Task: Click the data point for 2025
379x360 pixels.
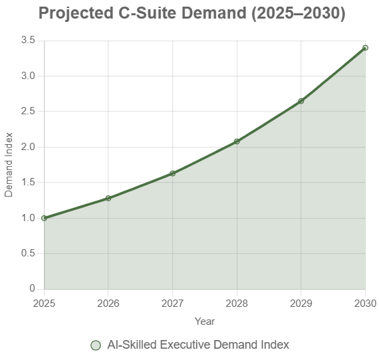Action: pyautogui.click(x=45, y=218)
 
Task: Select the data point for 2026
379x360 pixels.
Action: pyautogui.click(x=108, y=198)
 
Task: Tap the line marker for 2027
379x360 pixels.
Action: pyautogui.click(x=173, y=173)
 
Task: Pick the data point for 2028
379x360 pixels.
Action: pyautogui.click(x=237, y=141)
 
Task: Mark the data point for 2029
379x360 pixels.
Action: pyautogui.click(x=301, y=101)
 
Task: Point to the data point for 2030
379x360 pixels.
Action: pyautogui.click(x=365, y=48)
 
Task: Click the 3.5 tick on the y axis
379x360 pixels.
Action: pyautogui.click(x=28, y=41)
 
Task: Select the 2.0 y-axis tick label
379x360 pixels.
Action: pyautogui.click(x=28, y=147)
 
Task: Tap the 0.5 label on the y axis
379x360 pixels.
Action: pyautogui.click(x=28, y=253)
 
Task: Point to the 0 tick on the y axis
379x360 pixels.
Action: pyautogui.click(x=32, y=289)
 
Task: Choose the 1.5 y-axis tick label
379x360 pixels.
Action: pyautogui.click(x=28, y=183)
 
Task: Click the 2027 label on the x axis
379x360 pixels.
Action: pyautogui.click(x=173, y=303)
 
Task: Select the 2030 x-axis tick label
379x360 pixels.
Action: pyautogui.click(x=364, y=303)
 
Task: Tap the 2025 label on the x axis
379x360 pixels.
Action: pyautogui.click(x=45, y=303)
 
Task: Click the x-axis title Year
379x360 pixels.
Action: pyautogui.click(x=205, y=321)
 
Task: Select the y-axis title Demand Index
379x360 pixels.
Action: pyautogui.click(x=9, y=165)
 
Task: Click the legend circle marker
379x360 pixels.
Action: pyautogui.click(x=96, y=345)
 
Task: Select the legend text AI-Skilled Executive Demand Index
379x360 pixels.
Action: pyautogui.click(x=198, y=345)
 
